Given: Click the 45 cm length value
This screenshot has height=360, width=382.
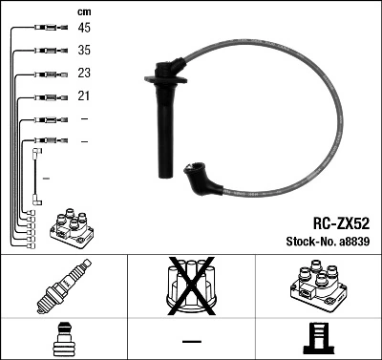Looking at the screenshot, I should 84,28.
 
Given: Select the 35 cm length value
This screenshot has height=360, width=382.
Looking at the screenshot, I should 84,51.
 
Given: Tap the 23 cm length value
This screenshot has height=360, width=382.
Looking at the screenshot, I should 84,74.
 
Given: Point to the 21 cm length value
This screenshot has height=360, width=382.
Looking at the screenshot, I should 84,96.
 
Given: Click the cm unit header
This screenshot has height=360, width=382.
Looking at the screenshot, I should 84,11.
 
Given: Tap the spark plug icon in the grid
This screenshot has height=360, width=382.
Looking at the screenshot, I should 63,286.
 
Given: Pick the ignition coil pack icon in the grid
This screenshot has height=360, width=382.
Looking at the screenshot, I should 316,286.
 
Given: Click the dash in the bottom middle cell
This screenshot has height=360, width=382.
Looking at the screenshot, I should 191,341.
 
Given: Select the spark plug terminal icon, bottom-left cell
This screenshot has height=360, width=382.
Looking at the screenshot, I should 63,340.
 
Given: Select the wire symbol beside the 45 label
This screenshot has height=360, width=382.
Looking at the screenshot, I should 47,28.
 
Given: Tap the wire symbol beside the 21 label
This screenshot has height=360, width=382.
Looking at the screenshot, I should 47,96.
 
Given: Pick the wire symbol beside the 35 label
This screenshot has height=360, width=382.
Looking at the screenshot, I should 47,51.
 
